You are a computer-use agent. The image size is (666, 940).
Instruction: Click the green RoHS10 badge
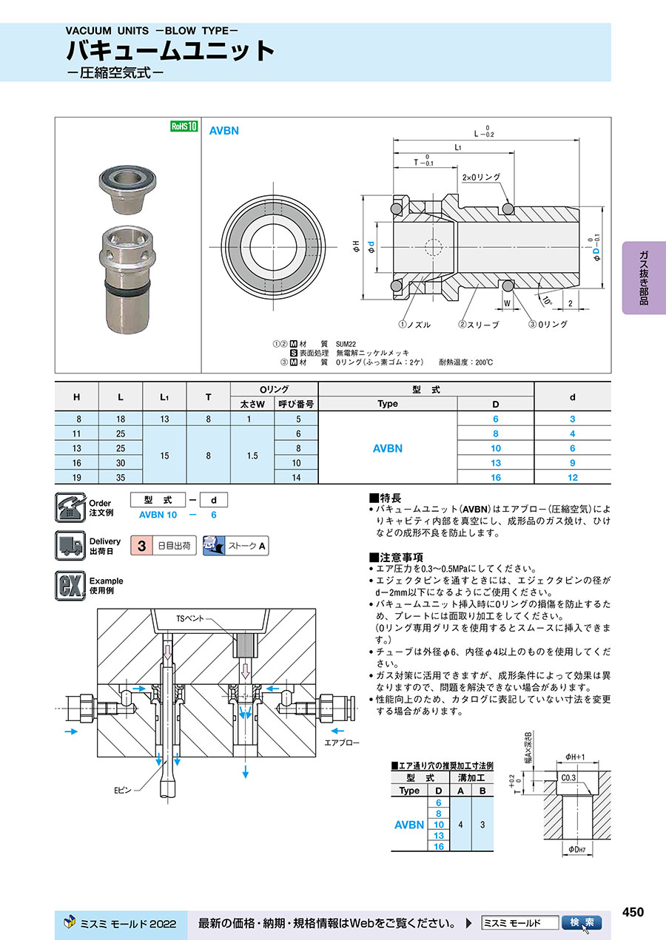pyautogui.click(x=184, y=126)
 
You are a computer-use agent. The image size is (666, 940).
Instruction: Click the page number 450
pyautogui.click(x=633, y=912)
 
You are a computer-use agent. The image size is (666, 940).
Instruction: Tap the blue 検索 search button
pyautogui.click(x=582, y=923)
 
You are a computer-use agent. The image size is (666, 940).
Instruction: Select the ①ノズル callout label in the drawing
pyautogui.click(x=414, y=324)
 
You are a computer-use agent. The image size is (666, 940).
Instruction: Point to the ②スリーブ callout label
pyautogui.click(x=479, y=324)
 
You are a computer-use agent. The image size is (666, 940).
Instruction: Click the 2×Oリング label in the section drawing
pyautogui.click(x=481, y=177)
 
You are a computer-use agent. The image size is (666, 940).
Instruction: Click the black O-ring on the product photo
pyautogui.click(x=128, y=285)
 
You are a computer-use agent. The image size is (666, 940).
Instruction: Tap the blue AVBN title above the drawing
pyautogui.click(x=223, y=130)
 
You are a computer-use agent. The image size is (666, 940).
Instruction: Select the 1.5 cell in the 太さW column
pyautogui.click(x=252, y=456)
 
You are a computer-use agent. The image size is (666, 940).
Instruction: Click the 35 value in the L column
pyautogui.click(x=121, y=478)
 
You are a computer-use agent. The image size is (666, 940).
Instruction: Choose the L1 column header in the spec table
pyautogui.click(x=164, y=397)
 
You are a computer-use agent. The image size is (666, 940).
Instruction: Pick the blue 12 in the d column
pyautogui.click(x=572, y=478)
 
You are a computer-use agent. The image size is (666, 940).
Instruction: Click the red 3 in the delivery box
pyautogui.click(x=141, y=546)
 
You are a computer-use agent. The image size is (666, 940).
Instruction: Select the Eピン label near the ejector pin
pyautogui.click(x=122, y=791)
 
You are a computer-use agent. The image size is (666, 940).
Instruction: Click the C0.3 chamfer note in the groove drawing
pyautogui.click(x=569, y=777)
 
